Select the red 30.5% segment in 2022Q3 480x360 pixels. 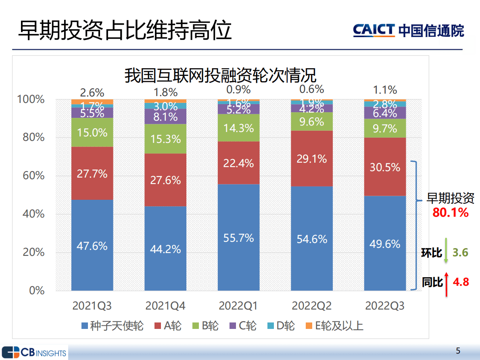coord(385,167)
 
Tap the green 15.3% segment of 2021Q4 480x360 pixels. coord(165,139)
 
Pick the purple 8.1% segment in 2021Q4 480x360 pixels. coord(165,117)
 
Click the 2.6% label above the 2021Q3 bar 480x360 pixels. coord(92,92)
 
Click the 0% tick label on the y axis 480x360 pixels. coord(37,291)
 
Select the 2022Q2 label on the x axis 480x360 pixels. coord(311,306)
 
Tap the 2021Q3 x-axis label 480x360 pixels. coord(92,306)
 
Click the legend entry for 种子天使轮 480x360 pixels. coord(112,326)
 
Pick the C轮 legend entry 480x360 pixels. coord(242,326)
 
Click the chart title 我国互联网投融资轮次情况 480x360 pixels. coord(220,75)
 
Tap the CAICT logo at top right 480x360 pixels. coord(408,30)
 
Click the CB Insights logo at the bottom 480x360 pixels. coord(34,352)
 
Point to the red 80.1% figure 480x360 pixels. coord(450,212)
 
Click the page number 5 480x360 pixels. coord(457,350)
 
